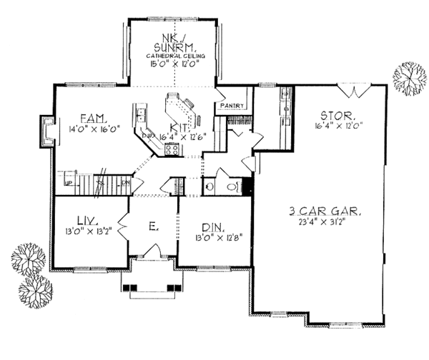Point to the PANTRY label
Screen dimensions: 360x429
click(233, 106)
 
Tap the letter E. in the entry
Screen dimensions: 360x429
click(152, 227)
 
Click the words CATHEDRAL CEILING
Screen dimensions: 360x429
click(172, 55)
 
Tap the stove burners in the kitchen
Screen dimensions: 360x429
click(172, 150)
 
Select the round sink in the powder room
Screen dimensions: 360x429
click(210, 186)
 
